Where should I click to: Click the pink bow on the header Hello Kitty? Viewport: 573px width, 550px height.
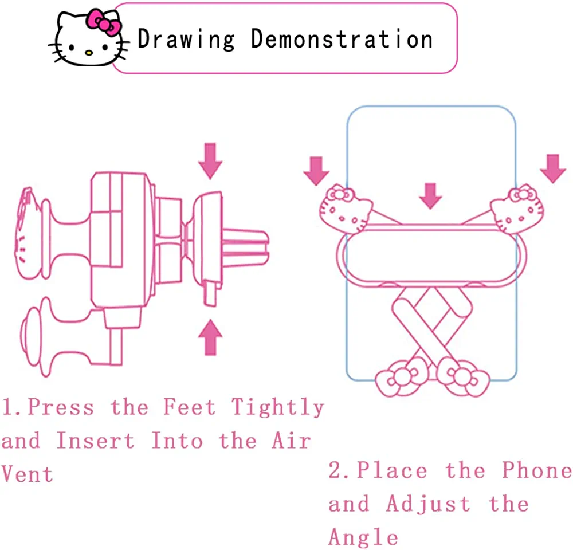(x=103, y=22)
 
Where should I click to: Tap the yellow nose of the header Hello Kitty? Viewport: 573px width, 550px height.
(x=89, y=53)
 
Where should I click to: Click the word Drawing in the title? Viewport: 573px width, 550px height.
(x=186, y=40)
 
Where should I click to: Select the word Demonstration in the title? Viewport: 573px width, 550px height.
(x=342, y=39)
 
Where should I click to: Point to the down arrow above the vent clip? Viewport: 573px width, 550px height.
(x=210, y=161)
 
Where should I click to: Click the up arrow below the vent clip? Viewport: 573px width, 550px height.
(x=210, y=337)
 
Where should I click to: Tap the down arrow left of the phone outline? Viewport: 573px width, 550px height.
(x=316, y=171)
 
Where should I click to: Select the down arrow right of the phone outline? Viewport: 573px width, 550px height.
(x=553, y=168)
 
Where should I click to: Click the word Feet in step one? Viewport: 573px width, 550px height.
(x=189, y=407)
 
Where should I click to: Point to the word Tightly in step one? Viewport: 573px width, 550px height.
(x=278, y=408)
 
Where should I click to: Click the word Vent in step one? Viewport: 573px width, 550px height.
(x=28, y=474)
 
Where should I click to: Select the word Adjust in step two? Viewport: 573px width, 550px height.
(x=428, y=504)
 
